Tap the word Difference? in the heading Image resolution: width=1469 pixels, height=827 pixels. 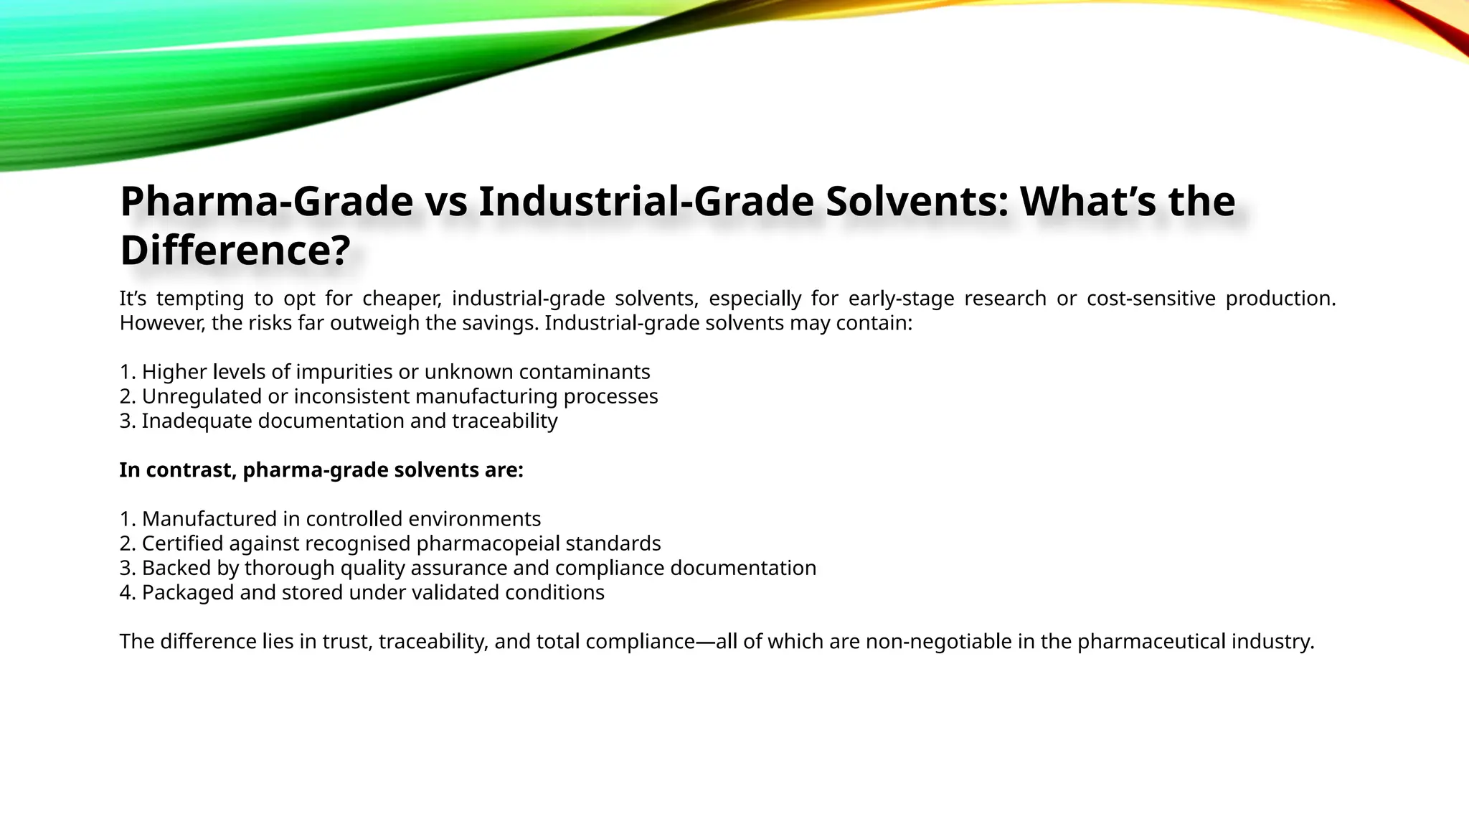tap(235, 251)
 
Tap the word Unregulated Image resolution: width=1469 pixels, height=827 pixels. tap(202, 396)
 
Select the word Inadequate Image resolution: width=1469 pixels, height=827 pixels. tap(196, 421)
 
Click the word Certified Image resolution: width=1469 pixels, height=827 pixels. tap(182, 543)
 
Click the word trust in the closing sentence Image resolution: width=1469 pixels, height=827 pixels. tap(347, 642)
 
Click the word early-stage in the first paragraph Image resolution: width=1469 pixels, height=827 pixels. tap(901, 299)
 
